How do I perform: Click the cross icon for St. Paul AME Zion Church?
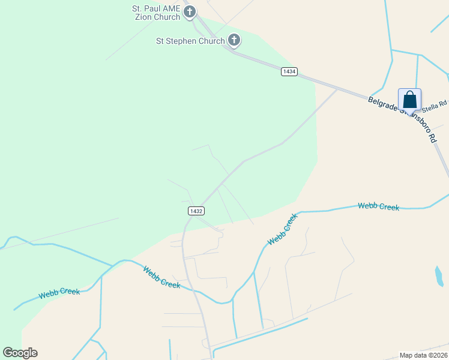coord(190,11)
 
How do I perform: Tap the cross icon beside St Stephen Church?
coord(234,40)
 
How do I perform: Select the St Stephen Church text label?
coord(190,41)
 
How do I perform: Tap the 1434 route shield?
coord(289,71)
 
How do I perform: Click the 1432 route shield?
coord(196,211)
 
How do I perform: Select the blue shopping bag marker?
coord(409,99)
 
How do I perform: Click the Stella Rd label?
coord(434,106)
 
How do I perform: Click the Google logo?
coord(20,353)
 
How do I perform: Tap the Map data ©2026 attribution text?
coord(424,355)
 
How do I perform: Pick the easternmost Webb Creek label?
coord(378,206)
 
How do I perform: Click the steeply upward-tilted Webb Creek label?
coord(283,229)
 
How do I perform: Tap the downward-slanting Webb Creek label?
coord(161,277)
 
